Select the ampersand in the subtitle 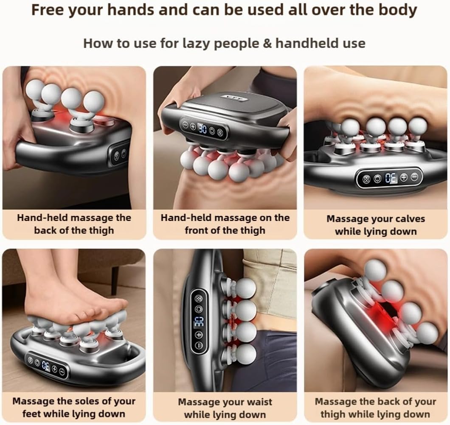[267, 44]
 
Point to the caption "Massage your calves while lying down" [376, 225]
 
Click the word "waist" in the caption [257, 402]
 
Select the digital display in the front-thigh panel [202, 129]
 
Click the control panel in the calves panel [389, 178]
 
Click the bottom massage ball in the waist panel [245, 355]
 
